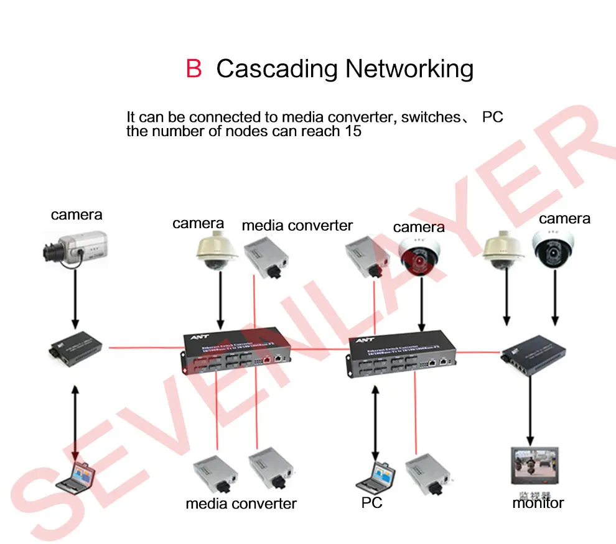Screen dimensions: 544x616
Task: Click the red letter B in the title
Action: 194,68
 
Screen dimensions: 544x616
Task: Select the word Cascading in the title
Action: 277,69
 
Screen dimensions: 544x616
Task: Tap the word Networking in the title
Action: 409,69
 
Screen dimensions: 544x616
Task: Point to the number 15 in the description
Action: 352,131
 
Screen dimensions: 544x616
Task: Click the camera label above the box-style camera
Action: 77,215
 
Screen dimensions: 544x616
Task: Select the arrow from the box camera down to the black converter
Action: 75,298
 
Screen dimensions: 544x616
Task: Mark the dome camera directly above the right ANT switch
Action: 421,254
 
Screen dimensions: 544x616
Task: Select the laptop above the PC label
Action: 376,476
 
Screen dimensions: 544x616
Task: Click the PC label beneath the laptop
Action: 371,502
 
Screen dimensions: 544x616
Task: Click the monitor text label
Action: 538,502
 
